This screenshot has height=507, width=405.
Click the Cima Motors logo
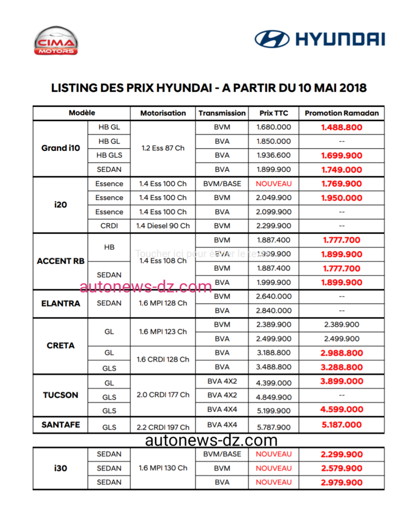pyautogui.click(x=56, y=41)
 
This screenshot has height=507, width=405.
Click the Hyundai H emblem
pyautogui.click(x=272, y=39)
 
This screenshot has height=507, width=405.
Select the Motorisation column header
pyautogui.click(x=163, y=113)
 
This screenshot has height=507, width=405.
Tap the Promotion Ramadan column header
pyautogui.click(x=341, y=113)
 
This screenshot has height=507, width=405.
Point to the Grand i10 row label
pyautogui.click(x=61, y=148)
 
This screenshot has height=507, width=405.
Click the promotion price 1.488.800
pyautogui.click(x=341, y=127)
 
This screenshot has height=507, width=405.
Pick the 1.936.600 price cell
pyautogui.click(x=273, y=156)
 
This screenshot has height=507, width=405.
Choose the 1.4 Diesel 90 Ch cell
pyautogui.click(x=163, y=226)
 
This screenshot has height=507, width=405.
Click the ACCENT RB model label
pyautogui.click(x=61, y=261)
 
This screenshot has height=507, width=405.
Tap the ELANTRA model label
pyautogui.click(x=61, y=303)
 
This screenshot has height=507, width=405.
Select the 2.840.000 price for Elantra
pyautogui.click(x=273, y=311)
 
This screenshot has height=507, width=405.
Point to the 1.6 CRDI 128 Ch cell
pyautogui.click(x=163, y=359)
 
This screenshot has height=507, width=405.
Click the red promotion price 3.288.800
pyautogui.click(x=341, y=367)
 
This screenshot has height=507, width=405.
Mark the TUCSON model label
pyautogui.click(x=61, y=395)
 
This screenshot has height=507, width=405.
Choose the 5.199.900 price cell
pyautogui.click(x=273, y=410)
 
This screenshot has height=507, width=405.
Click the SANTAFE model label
pyautogui.click(x=61, y=425)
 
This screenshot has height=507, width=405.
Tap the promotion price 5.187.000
pyautogui.click(x=341, y=425)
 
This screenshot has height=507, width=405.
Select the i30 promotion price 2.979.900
pyautogui.click(x=341, y=482)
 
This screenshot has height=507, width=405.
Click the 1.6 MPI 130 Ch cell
pyautogui.click(x=163, y=468)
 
